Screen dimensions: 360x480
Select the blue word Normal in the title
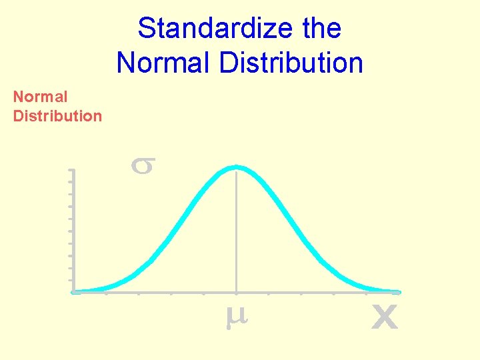(x=159, y=63)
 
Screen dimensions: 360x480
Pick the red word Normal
(x=40, y=97)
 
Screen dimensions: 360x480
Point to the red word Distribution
(x=57, y=116)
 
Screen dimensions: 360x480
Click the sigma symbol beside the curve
(x=142, y=165)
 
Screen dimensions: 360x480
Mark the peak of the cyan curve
(x=236, y=167)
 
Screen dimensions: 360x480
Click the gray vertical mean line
(x=236, y=233)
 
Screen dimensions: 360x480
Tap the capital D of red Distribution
(x=19, y=116)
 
